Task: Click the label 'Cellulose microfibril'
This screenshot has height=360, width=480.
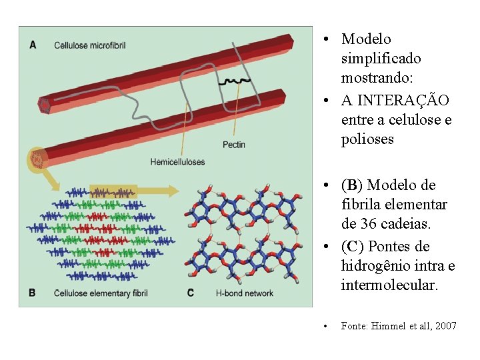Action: click(x=89, y=45)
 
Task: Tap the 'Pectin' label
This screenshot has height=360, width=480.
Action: click(x=233, y=145)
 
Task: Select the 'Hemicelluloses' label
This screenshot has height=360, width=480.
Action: click(x=177, y=162)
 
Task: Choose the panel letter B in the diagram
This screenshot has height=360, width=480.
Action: click(x=33, y=293)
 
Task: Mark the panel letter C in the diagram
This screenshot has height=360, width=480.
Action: click(x=190, y=293)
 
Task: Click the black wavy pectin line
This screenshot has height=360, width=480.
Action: click(x=236, y=81)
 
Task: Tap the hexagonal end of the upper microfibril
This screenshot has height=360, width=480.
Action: click(x=45, y=105)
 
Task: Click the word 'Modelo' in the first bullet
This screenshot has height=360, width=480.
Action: click(x=366, y=39)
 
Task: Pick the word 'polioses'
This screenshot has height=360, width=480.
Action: click(x=367, y=139)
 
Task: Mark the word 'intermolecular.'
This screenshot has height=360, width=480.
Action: click(x=390, y=285)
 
